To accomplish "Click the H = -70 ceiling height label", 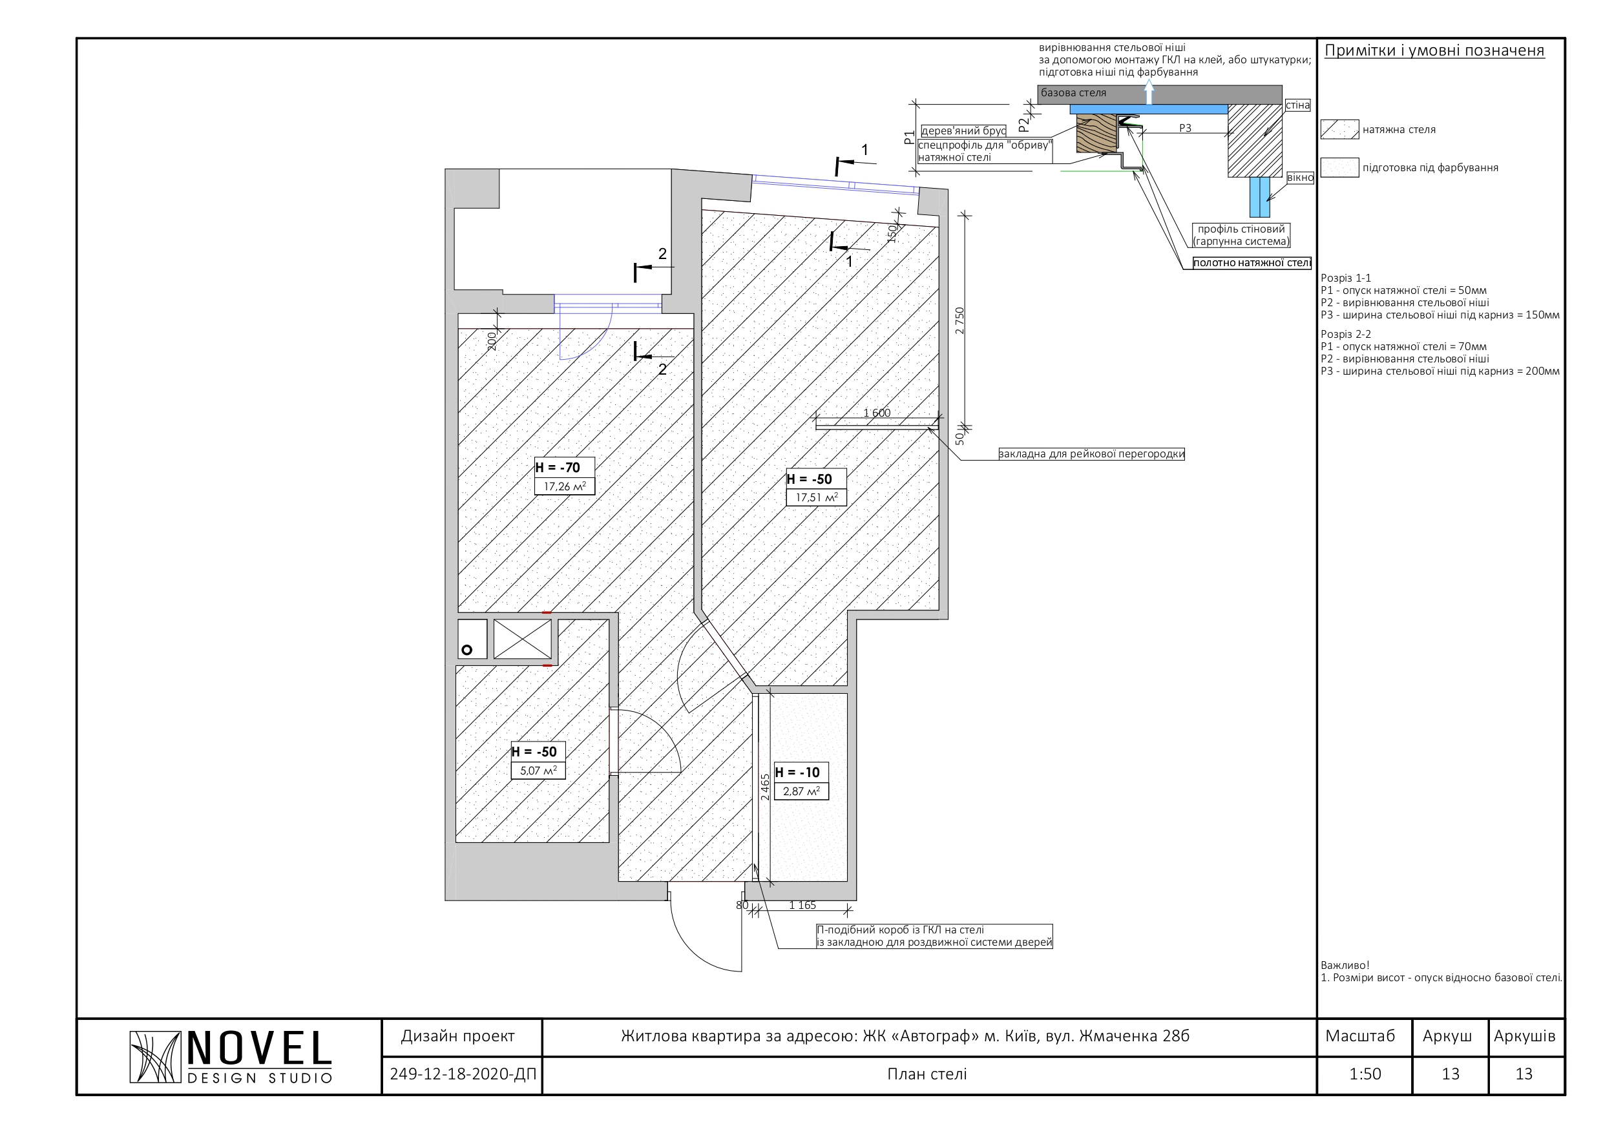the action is (557, 468).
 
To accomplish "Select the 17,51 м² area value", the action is (816, 498).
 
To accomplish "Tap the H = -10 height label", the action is (797, 773).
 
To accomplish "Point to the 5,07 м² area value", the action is (538, 771).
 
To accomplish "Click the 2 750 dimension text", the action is (960, 320).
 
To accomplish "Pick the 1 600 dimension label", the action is (877, 413).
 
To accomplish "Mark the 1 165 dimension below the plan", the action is (802, 906).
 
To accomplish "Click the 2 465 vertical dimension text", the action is (765, 787).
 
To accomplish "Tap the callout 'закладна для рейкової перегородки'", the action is (1091, 453).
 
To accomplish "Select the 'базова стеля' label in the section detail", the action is (1073, 93).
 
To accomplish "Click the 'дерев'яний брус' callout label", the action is (963, 130).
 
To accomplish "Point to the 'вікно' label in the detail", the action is (1300, 178).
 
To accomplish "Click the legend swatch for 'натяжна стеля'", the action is (1339, 129).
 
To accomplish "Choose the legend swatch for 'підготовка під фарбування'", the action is (1339, 167).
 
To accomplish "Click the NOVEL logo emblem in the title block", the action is (155, 1057).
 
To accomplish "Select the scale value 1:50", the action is (1365, 1074).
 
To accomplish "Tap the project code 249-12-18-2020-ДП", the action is (463, 1074).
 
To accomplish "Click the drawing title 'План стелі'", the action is (927, 1074).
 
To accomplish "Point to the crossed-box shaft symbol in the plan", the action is (522, 639).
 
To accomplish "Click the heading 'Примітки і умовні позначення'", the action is (1434, 50).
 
